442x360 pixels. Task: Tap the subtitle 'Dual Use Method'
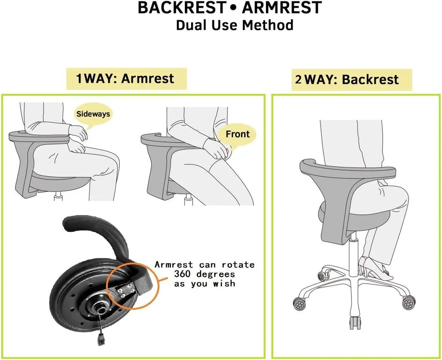tap(234, 25)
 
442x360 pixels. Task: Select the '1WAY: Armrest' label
tap(125, 79)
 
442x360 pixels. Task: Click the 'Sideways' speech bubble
tap(93, 113)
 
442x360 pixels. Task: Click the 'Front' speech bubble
tap(237, 134)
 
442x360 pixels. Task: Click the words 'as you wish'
tap(205, 284)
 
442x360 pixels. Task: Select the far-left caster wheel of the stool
tap(300, 304)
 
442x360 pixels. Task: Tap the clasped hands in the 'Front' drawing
tap(218, 149)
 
